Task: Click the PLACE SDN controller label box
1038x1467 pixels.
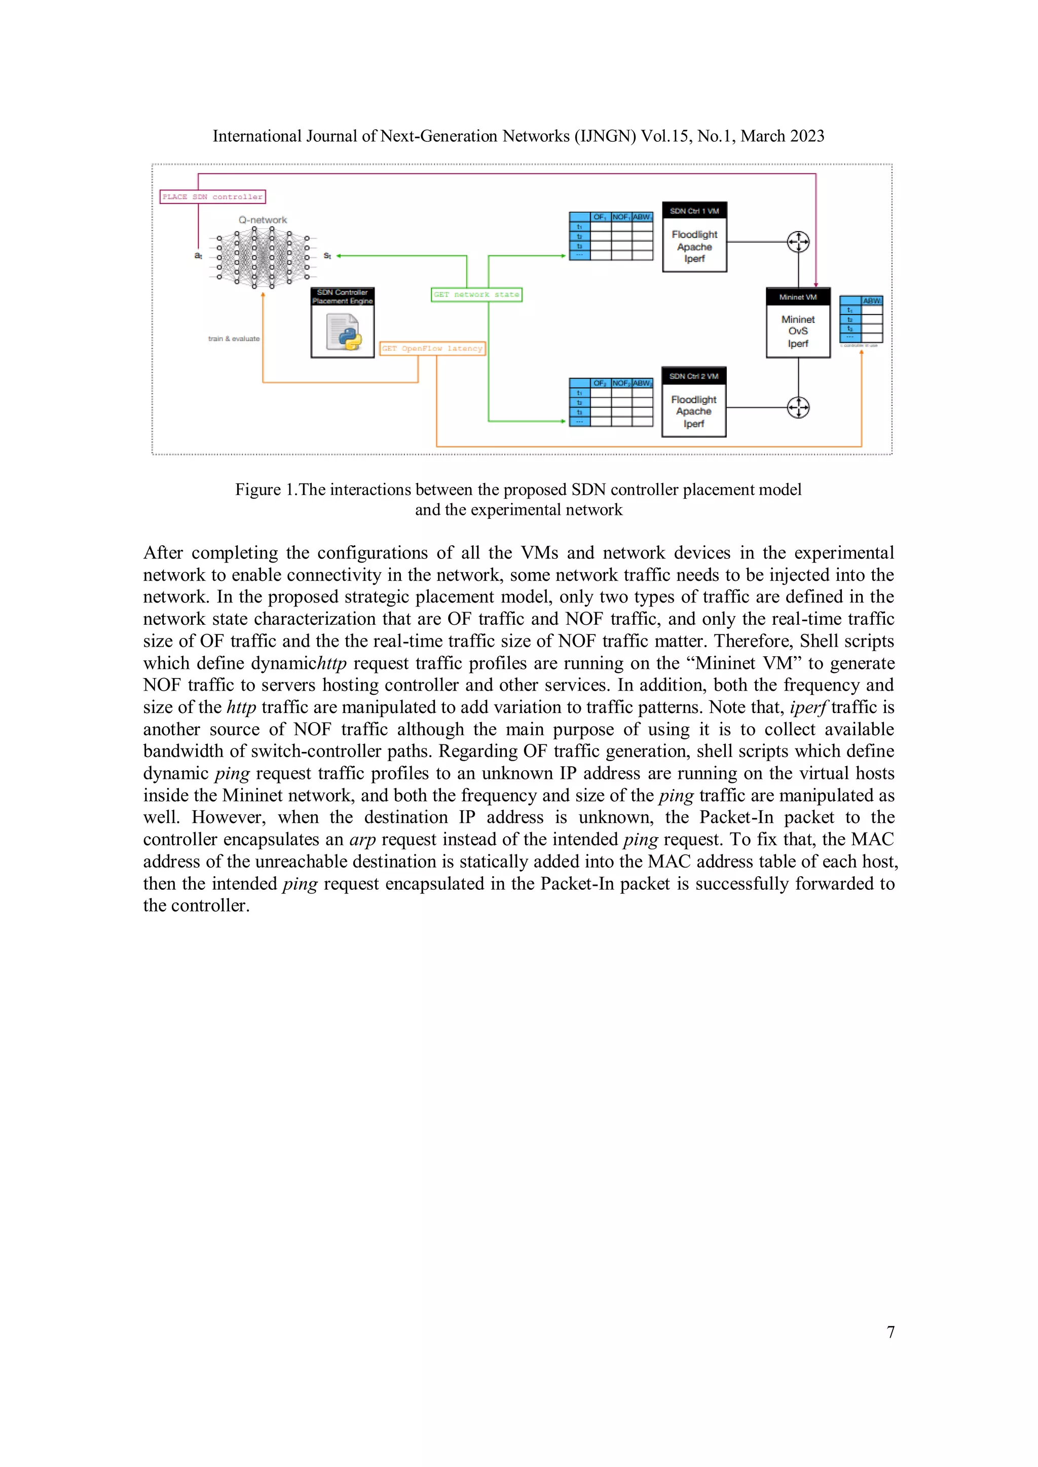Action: [212, 197]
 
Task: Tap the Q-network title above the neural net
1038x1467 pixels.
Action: [263, 220]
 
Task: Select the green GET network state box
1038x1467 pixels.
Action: [476, 294]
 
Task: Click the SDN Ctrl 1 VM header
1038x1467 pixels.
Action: [694, 211]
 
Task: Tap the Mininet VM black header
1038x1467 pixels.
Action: [798, 297]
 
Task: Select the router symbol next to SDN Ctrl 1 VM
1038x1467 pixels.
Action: [798, 242]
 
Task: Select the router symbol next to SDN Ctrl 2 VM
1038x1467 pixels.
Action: [798, 407]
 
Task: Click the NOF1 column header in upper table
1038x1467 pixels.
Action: [621, 217]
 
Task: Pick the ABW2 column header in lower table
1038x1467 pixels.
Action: [642, 384]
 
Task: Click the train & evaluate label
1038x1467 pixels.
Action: [234, 338]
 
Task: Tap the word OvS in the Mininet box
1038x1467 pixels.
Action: [798, 331]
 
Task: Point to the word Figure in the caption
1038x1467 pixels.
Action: [258, 490]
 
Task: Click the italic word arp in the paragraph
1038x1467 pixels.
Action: [362, 840]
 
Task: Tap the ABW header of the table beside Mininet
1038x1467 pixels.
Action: [872, 301]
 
